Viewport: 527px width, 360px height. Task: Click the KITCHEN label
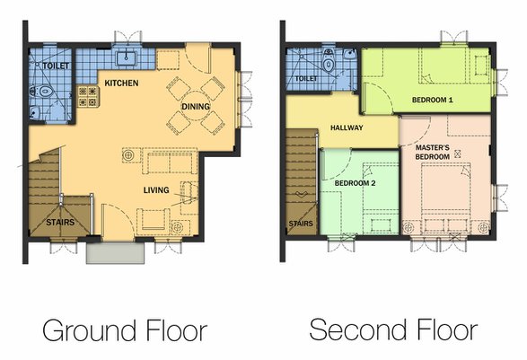[121, 83]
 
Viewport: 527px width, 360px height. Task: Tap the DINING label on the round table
[196, 107]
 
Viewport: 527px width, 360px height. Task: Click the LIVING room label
[156, 190]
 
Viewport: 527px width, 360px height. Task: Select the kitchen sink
[126, 58]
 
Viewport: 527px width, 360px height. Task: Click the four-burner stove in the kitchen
[88, 96]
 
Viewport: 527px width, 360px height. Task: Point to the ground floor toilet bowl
[41, 91]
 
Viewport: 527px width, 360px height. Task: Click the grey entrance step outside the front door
[115, 253]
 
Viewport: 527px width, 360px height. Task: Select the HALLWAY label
[347, 127]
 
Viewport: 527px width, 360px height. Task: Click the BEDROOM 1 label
[432, 100]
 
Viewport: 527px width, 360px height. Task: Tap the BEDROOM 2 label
[355, 183]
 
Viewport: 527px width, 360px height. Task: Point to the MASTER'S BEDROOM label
[433, 153]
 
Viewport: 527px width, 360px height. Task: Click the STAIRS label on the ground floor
[60, 222]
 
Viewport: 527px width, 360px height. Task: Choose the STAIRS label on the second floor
[301, 224]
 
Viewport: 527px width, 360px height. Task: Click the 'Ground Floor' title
[125, 331]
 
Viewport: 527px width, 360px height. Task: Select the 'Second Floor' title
[393, 329]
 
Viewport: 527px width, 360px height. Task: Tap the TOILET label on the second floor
[306, 79]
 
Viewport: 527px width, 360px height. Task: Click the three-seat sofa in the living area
[170, 161]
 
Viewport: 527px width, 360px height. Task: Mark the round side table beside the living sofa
[127, 155]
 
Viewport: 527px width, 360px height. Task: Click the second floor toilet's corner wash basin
[350, 54]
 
